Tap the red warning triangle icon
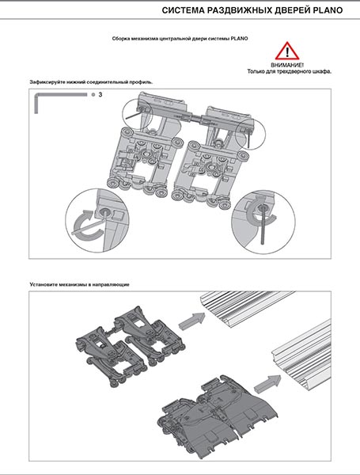287,51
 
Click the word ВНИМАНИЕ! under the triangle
287,65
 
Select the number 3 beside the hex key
100,94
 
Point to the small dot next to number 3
93,94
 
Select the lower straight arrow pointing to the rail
267,382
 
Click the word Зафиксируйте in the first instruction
43,82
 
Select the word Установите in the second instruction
43,284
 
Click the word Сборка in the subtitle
119,39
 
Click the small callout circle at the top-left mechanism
137,114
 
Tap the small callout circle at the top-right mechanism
250,134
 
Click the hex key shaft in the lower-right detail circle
262,225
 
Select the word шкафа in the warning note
323,72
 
